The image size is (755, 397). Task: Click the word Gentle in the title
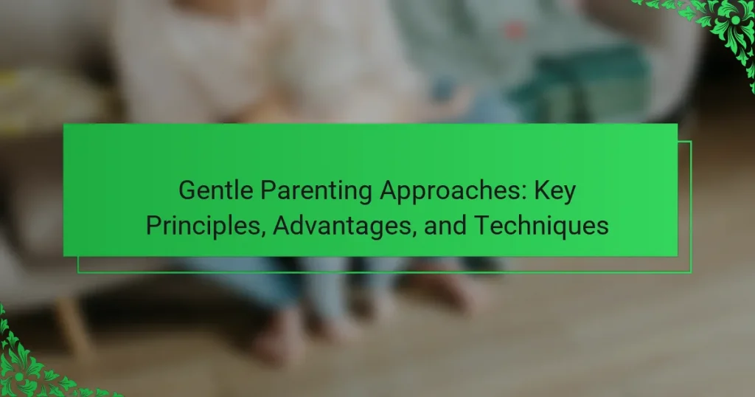(216, 190)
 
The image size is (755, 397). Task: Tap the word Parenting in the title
(316, 191)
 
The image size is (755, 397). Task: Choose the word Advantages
(343, 226)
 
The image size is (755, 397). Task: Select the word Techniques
(542, 226)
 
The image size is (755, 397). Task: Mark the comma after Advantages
(414, 234)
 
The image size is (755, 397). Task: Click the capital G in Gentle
(187, 190)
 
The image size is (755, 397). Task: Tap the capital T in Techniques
(482, 225)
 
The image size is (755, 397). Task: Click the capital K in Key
(541, 190)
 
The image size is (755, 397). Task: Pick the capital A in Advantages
(282, 225)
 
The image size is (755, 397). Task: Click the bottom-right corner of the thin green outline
(691, 273)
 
